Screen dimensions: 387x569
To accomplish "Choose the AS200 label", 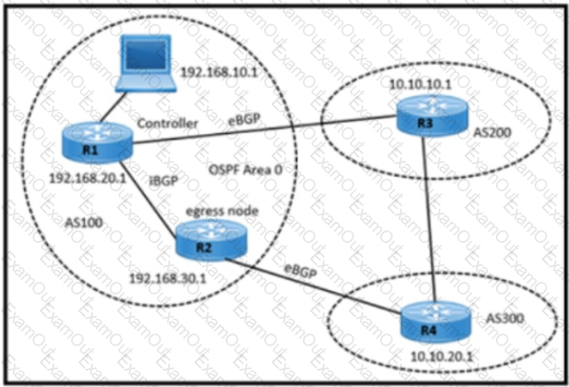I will point(491,135).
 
